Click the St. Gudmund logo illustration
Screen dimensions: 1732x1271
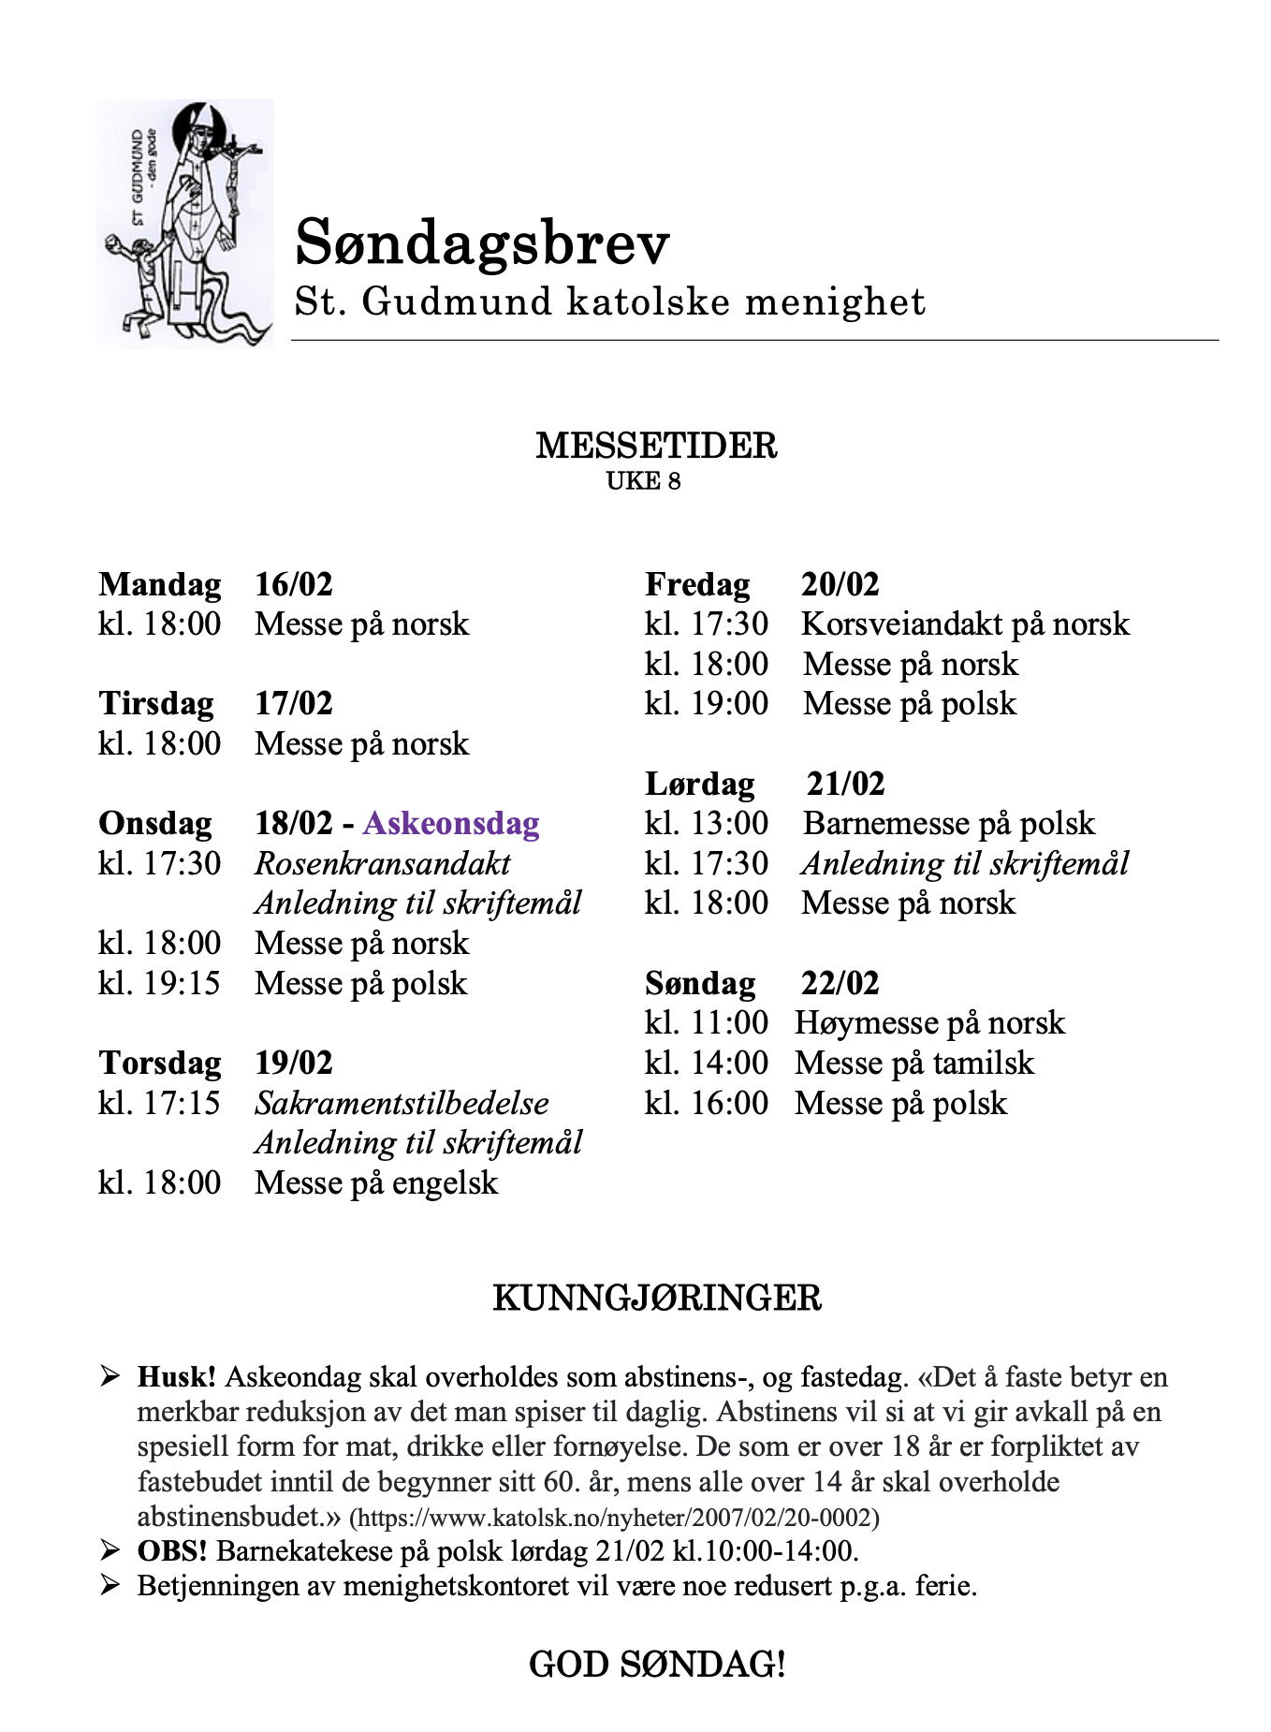(185, 224)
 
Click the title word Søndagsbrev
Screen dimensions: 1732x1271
(482, 242)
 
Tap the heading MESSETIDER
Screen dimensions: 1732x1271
(656, 446)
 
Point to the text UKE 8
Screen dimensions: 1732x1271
(643, 481)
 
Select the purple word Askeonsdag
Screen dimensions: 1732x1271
(451, 824)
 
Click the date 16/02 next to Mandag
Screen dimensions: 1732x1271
(294, 584)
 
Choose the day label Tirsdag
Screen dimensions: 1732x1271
(156, 704)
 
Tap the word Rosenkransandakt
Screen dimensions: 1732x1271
(383, 863)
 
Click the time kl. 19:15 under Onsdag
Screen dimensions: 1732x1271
(159, 983)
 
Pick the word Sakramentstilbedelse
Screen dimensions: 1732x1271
(402, 1103)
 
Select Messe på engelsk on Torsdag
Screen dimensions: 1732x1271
(376, 1182)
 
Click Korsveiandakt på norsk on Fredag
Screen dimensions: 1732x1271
(965, 624)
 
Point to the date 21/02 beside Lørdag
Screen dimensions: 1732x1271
(845, 784)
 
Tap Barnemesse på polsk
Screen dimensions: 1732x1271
(948, 824)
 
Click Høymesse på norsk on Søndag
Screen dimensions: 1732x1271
(929, 1023)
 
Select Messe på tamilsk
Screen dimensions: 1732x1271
(914, 1064)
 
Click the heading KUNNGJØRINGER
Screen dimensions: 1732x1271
(656, 1299)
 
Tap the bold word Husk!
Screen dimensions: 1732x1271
(177, 1377)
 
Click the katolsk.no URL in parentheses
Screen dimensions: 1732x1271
(614, 1518)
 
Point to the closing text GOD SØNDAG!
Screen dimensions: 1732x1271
(656, 1665)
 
